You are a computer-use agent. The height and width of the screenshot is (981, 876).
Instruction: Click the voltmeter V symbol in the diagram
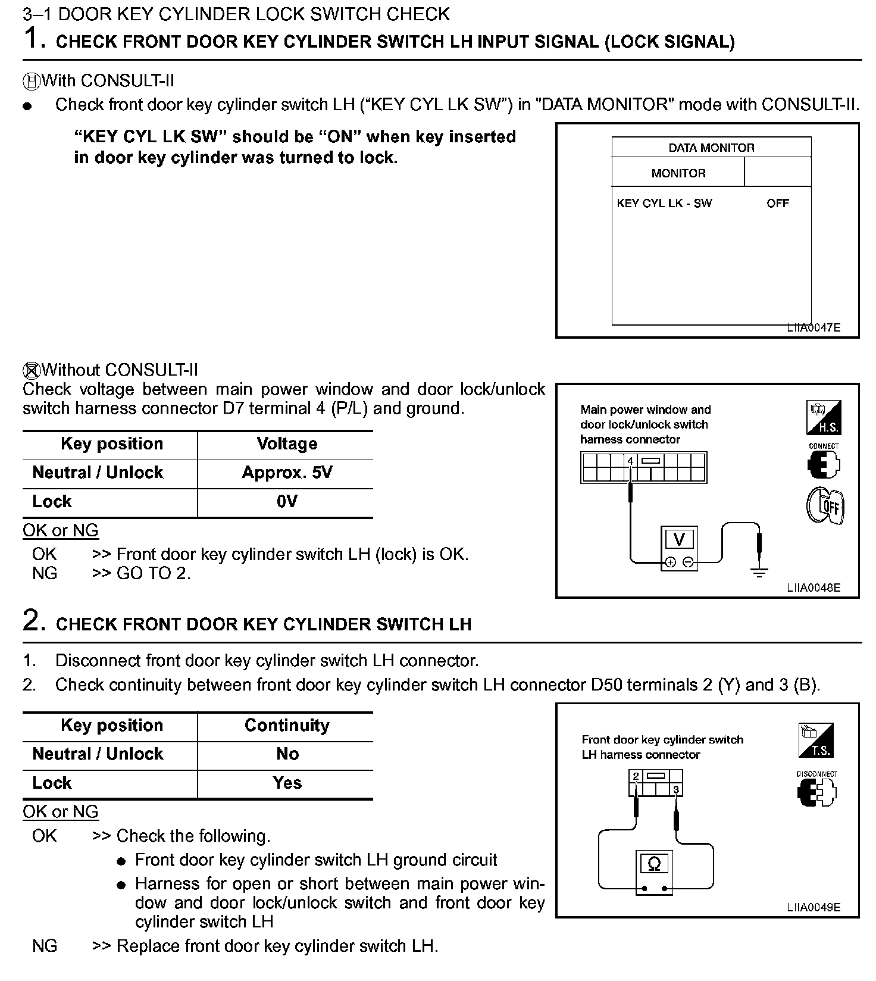[679, 540]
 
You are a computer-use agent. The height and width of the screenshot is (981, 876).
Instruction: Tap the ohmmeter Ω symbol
[654, 864]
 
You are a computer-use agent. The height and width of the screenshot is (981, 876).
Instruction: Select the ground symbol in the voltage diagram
[759, 573]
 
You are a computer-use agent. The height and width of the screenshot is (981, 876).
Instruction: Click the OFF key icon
[825, 507]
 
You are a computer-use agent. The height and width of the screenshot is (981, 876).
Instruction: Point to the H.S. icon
[824, 417]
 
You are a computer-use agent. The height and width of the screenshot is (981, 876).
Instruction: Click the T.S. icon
[816, 741]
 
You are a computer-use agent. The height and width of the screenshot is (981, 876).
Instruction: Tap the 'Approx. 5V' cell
[287, 473]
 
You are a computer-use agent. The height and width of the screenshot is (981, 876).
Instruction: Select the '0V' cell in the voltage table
[287, 502]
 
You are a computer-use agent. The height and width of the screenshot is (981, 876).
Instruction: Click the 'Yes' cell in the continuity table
[287, 783]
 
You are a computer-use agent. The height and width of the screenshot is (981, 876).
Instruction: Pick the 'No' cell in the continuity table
[287, 754]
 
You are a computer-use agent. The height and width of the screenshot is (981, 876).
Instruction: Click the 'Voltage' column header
[287, 444]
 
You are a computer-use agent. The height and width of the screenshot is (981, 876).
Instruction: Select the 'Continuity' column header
[287, 726]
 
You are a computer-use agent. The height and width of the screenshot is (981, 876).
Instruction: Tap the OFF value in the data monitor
[777, 204]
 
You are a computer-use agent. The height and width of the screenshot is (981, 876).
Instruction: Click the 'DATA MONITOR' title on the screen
[711, 148]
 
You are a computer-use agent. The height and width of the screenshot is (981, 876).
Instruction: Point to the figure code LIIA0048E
[814, 588]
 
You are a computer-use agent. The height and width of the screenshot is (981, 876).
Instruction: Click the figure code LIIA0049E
[814, 908]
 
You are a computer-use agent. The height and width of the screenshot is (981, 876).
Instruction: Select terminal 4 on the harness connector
[630, 461]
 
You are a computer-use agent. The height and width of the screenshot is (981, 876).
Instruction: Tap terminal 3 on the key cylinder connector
[676, 790]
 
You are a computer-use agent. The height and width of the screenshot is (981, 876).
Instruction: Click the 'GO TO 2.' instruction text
[154, 573]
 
